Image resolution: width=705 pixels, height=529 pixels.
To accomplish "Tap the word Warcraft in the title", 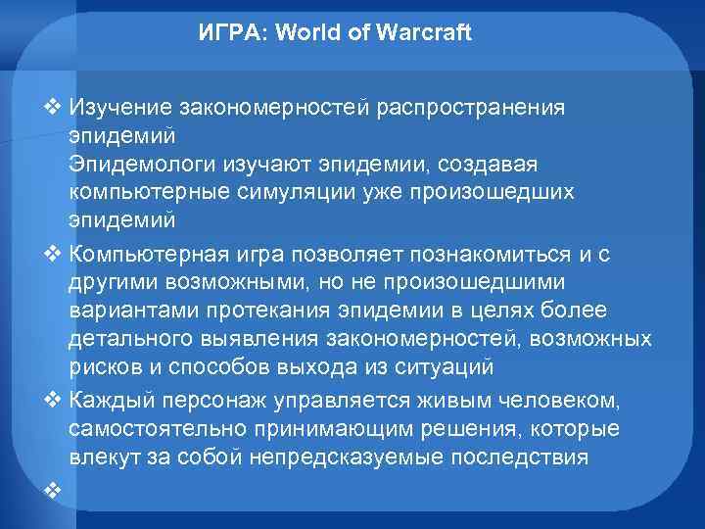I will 425,33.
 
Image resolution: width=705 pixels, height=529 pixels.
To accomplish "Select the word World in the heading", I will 305,33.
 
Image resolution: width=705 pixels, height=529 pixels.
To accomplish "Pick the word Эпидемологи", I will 132,160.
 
